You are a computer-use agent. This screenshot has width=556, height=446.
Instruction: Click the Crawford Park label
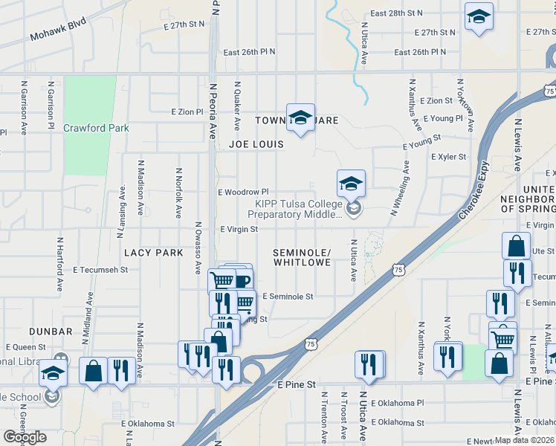pos(96,128)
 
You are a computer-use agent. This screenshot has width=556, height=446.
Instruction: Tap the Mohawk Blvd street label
pos(59,29)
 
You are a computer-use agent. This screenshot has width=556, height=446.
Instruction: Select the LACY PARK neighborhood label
pos(153,253)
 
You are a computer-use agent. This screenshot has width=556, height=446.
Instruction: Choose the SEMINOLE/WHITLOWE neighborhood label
pos(301,257)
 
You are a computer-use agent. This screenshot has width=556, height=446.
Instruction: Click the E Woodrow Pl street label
pos(242,192)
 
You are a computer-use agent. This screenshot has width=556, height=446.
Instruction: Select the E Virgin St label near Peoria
pos(238,230)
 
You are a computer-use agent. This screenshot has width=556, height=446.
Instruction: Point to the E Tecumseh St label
pos(100,270)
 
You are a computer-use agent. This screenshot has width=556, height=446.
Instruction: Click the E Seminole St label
pos(288,296)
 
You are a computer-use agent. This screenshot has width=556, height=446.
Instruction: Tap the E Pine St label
pos(297,385)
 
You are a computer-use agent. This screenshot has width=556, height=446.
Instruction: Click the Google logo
pos(25,437)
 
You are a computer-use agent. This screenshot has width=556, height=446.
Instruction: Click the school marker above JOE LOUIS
pos(300,117)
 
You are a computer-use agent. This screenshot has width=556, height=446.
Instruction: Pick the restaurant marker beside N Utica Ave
pos(369,363)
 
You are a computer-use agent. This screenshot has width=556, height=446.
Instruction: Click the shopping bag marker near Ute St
pos(515,246)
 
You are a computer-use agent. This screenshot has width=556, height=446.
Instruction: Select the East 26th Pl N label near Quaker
pos(249,52)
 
